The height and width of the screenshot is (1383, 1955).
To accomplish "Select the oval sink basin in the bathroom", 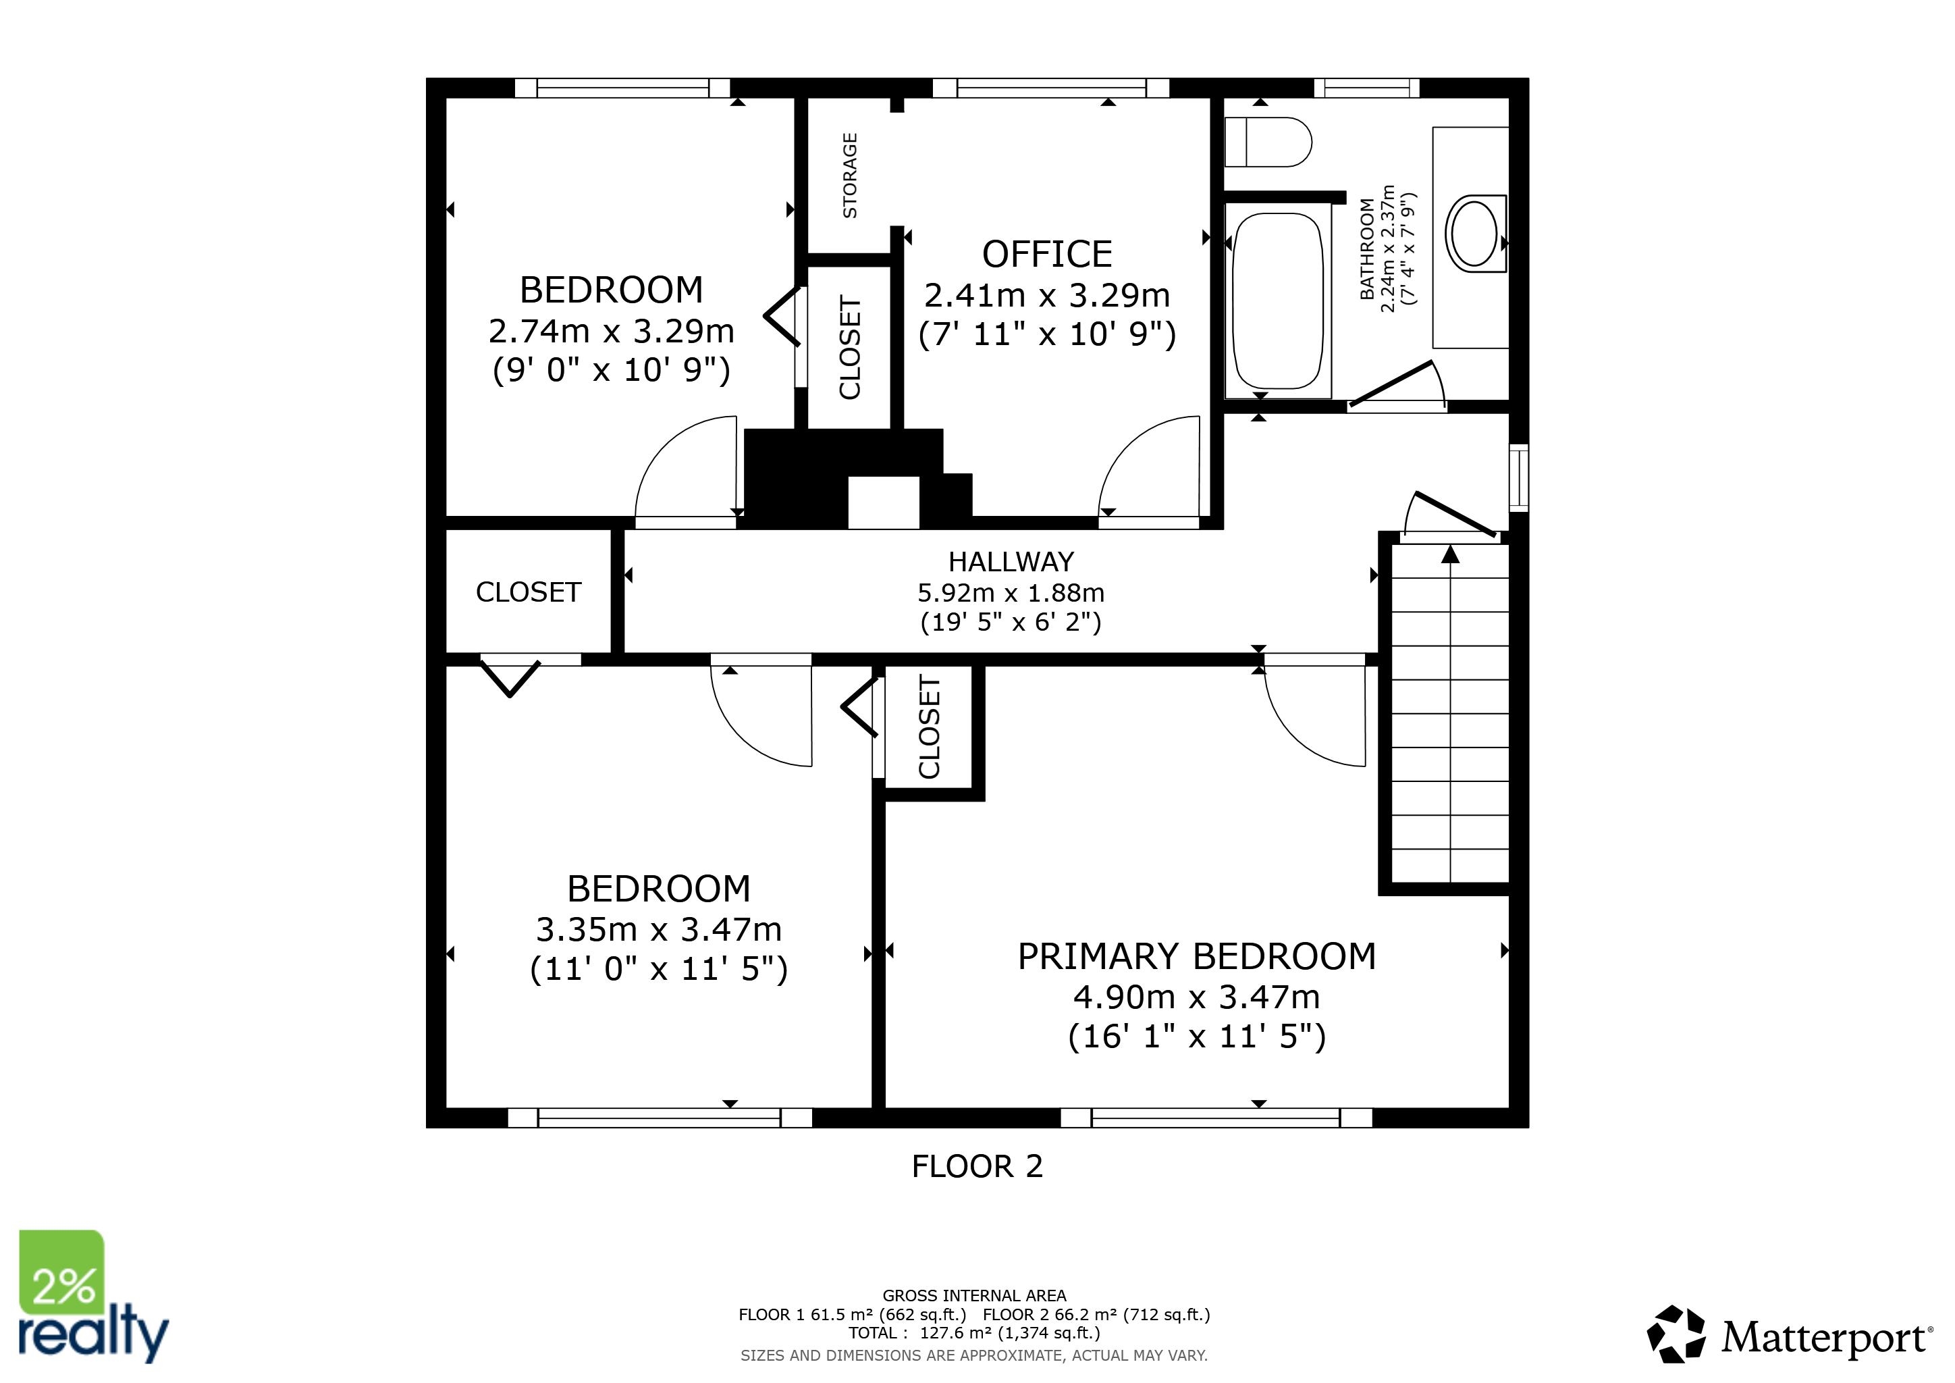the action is click(x=1474, y=232).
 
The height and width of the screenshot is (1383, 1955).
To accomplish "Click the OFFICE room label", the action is click(x=1047, y=254).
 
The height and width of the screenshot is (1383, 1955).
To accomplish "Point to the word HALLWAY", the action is click(x=1011, y=562).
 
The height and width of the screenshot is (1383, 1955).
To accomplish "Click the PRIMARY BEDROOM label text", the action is click(x=1197, y=956).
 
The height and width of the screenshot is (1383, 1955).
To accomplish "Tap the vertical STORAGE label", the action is click(x=850, y=176).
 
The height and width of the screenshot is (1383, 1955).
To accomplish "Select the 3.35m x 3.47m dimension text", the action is click(x=659, y=929).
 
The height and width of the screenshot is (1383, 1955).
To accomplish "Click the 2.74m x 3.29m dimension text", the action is click(x=612, y=330).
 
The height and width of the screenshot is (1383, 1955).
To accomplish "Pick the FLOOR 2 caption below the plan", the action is click(x=977, y=1166).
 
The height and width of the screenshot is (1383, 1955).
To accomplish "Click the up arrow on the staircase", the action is click(x=1451, y=555).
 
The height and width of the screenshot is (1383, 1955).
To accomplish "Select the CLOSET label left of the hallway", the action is click(x=529, y=592).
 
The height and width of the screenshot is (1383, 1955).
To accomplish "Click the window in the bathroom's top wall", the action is click(x=1366, y=88).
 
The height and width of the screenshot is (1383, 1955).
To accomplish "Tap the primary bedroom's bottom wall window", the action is click(x=1216, y=1118).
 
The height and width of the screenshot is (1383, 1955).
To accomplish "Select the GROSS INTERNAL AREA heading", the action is click(x=974, y=1296).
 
